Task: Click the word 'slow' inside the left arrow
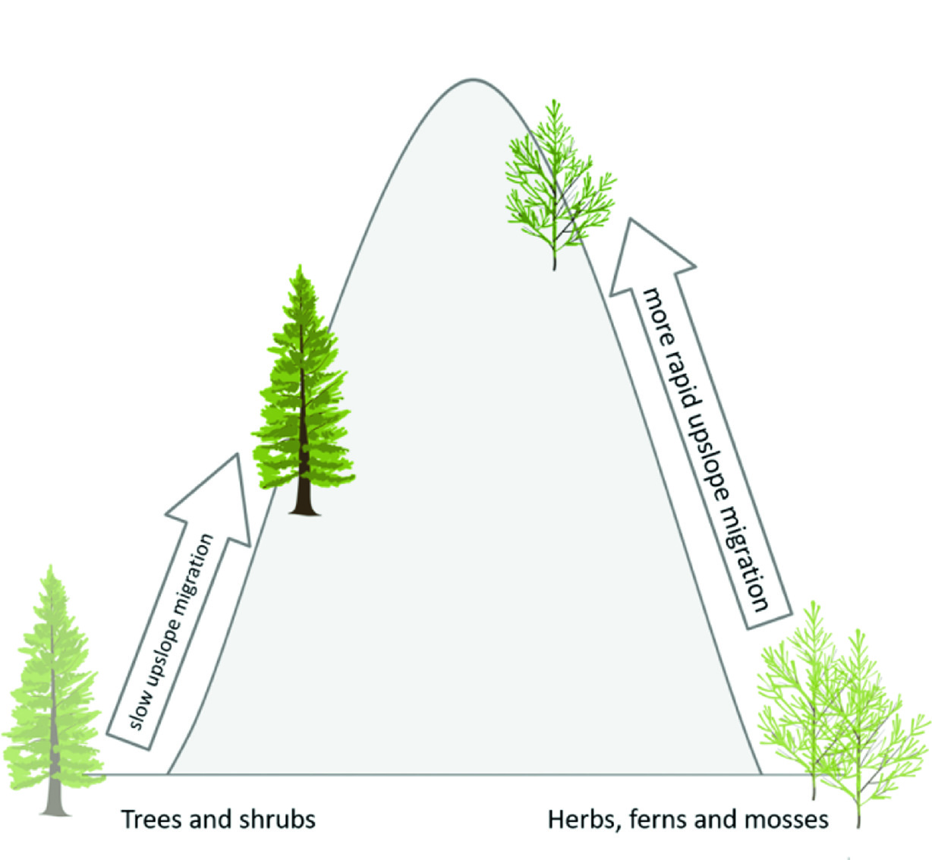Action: click(137, 709)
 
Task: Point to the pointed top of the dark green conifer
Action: click(302, 267)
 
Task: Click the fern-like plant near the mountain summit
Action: click(558, 182)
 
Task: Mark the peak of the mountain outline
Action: click(472, 80)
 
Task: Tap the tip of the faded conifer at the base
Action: click(51, 567)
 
